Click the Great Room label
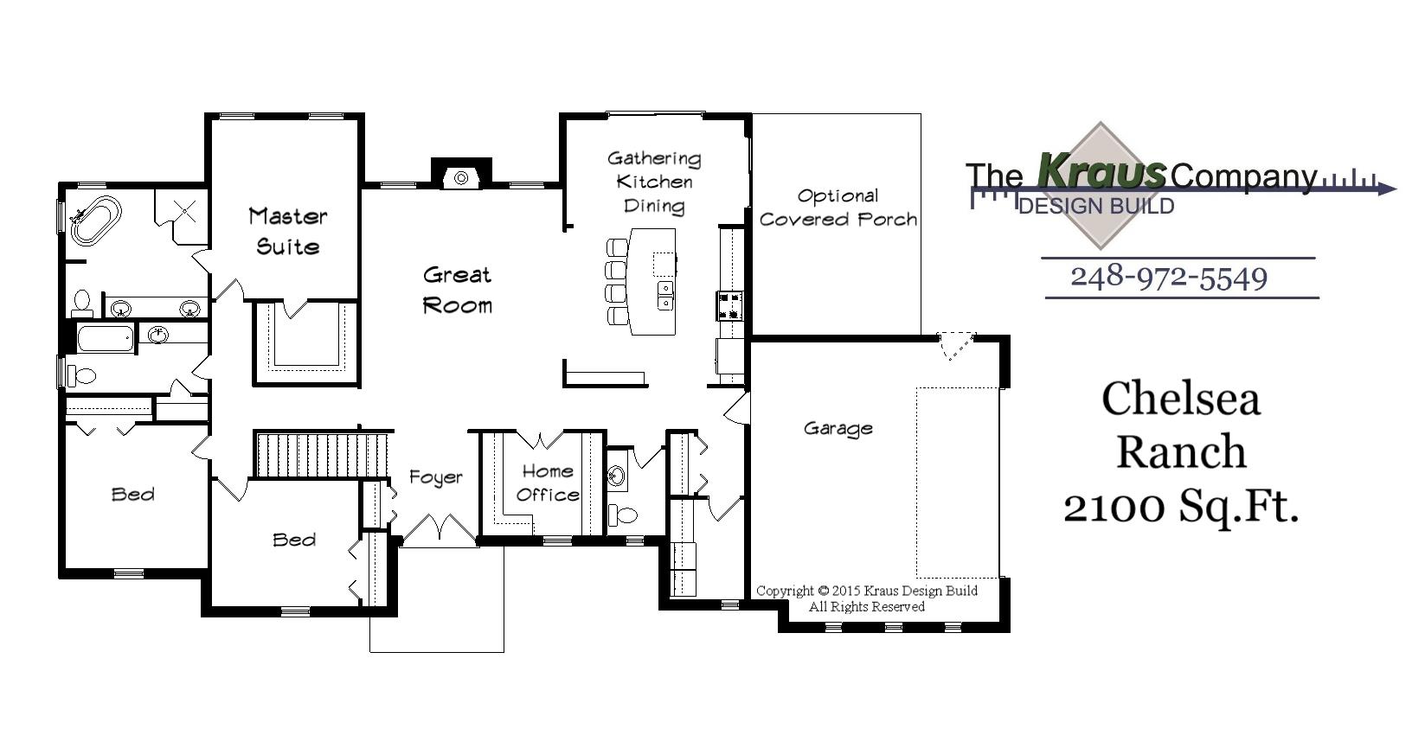(457, 290)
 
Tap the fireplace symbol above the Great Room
(461, 177)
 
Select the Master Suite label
(287, 231)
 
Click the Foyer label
(435, 477)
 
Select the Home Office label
(547, 483)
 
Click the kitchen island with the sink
(653, 281)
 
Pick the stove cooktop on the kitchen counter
(729, 305)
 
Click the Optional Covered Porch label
(838, 208)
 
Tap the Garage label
(838, 428)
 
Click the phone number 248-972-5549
(1169, 277)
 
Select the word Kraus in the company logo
(1101, 170)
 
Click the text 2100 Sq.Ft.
(1181, 507)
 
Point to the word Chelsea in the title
(1180, 399)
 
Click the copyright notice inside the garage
(866, 598)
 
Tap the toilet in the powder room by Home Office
(623, 515)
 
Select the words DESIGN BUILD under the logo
(1096, 206)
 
